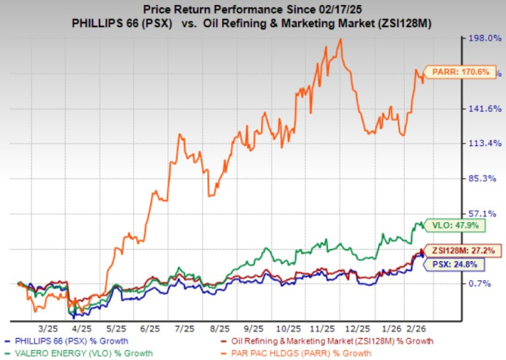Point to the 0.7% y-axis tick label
pos(482,283)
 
